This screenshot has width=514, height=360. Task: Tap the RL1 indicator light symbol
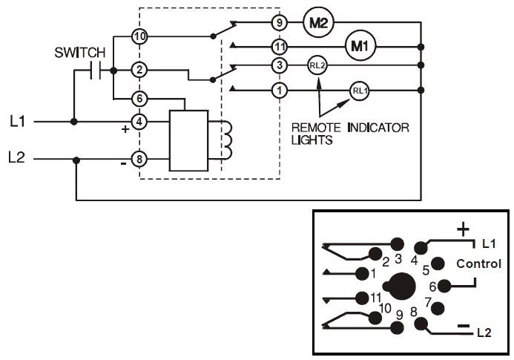pos(359,91)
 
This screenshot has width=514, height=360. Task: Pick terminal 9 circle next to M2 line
pos(279,23)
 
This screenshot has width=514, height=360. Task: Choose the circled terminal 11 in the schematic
pos(279,46)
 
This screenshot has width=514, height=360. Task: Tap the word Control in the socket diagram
pos(478,264)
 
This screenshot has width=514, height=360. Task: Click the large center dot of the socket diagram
pos(401,286)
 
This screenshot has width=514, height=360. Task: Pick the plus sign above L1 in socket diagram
pos(464,229)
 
